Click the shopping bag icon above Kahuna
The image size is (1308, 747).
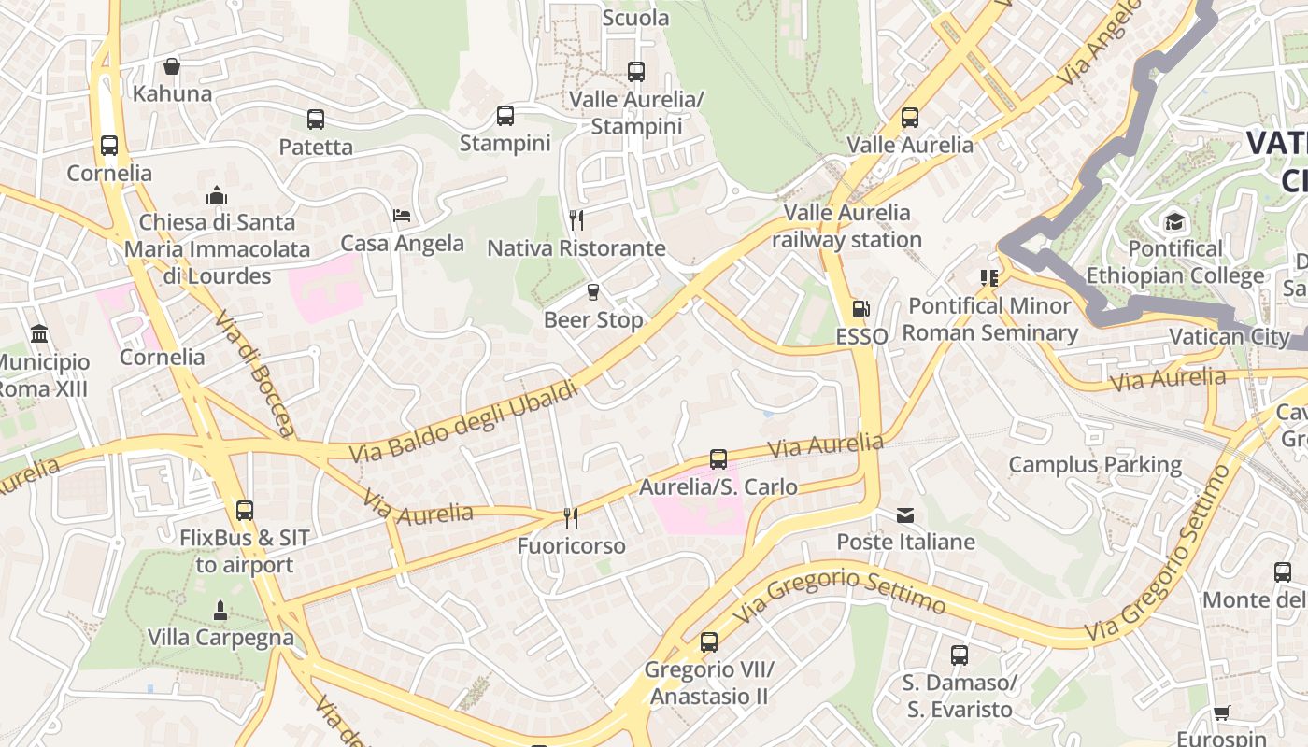tap(171, 66)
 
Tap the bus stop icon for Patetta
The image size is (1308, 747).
tap(316, 120)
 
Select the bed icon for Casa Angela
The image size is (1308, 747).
tap(402, 216)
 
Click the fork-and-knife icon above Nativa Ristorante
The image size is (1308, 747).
tap(576, 220)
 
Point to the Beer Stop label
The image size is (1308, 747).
tap(593, 319)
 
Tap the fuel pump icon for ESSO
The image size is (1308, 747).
tap(860, 309)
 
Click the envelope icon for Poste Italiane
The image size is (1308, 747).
tap(905, 514)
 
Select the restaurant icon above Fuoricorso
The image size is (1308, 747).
tap(571, 517)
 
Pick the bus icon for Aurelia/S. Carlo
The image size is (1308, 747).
tap(718, 459)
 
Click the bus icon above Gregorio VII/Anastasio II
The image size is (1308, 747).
tap(709, 642)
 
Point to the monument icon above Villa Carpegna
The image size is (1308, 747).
tap(220, 611)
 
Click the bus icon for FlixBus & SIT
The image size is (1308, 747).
tap(245, 511)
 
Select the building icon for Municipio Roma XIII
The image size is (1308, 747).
tap(39, 334)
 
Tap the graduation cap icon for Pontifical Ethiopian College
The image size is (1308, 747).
tap(1174, 221)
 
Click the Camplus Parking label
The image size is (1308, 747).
tap(1095, 464)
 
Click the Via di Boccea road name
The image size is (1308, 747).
tap(254, 373)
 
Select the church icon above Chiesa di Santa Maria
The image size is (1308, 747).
tap(217, 195)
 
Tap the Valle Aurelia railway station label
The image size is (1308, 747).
tap(846, 226)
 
